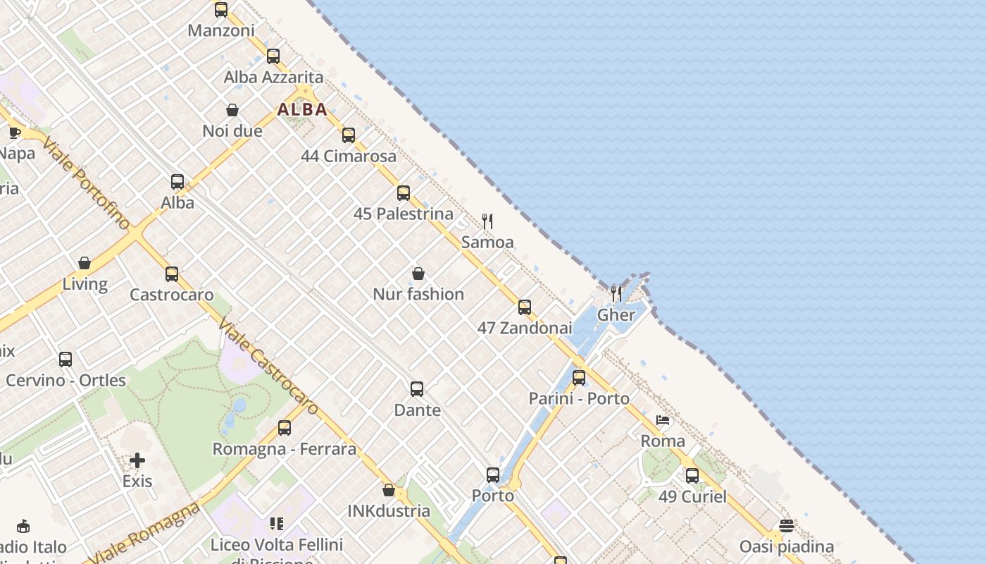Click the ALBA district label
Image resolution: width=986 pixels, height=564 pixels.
coord(302,109)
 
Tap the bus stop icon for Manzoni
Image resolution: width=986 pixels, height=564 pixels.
coord(221,10)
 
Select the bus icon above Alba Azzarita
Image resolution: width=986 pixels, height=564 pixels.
coord(273,56)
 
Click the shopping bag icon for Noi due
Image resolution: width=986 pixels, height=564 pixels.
coord(232,110)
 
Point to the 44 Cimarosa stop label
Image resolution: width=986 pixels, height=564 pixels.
coord(349,156)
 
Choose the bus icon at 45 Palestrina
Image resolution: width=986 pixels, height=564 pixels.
coord(404,193)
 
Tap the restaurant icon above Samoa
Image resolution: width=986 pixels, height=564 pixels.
coord(487,221)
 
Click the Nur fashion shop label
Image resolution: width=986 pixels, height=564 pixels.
coord(418,294)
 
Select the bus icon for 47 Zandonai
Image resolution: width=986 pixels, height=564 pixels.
coord(525,307)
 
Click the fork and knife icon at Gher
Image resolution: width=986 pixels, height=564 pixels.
coord(616,293)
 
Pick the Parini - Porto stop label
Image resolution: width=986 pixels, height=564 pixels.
coord(579,398)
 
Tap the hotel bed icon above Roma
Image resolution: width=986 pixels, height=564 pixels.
coord(663,421)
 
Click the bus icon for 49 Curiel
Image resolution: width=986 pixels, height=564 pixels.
coord(692,476)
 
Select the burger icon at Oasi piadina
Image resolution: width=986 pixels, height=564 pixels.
coord(787,526)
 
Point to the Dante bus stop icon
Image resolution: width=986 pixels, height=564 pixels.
coord(417,389)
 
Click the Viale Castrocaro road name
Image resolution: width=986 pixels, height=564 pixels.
coord(268,367)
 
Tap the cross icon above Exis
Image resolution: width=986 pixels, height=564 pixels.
coord(137,461)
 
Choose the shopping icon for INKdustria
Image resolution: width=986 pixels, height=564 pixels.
coord(389,490)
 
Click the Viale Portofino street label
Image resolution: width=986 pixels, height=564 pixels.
coord(86,183)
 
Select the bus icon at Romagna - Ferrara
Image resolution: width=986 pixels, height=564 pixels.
coord(285,428)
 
